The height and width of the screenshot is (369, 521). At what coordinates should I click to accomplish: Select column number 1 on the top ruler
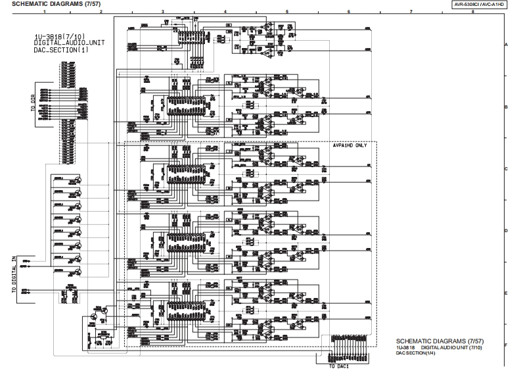(x=44, y=12)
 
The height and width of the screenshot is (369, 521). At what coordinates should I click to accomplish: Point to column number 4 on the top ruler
(x=225, y=12)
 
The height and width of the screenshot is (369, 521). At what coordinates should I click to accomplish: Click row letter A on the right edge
(x=506, y=44)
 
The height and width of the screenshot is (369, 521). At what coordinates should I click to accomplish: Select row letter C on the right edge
(x=506, y=169)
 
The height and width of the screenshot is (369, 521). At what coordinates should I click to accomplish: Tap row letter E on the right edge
(x=506, y=293)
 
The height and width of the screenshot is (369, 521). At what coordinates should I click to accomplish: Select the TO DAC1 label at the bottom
(x=341, y=366)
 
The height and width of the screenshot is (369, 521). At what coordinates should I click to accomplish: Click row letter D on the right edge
(x=506, y=231)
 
